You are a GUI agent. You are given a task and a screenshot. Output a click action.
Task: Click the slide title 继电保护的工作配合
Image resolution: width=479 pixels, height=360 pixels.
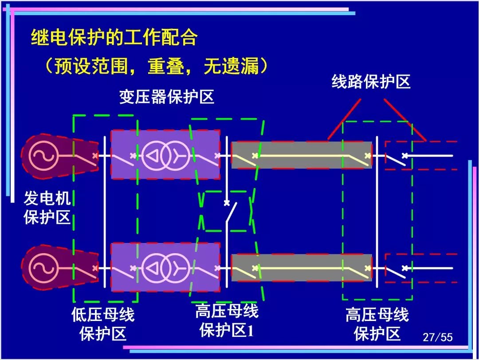(114, 38)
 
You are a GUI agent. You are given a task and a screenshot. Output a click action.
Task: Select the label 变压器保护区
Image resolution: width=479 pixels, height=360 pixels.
(166, 97)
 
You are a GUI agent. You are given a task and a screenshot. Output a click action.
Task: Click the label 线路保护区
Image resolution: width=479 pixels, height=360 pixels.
(371, 82)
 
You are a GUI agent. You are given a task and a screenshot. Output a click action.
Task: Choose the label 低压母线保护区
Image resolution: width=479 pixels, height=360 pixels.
(103, 324)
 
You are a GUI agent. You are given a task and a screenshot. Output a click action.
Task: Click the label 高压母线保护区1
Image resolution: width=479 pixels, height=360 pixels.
(227, 321)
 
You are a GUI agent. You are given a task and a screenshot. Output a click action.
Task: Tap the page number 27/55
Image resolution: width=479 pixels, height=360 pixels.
(437, 337)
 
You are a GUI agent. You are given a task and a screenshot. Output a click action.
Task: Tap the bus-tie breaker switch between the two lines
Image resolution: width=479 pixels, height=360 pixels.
(230, 211)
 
